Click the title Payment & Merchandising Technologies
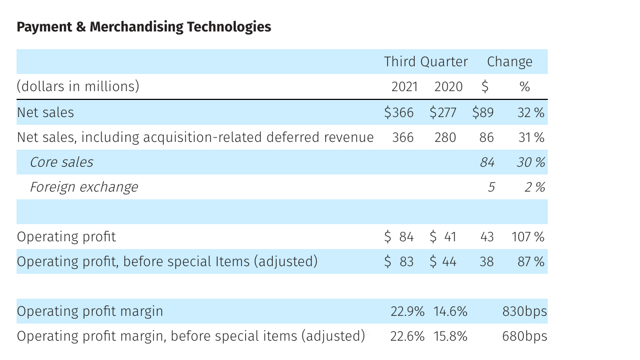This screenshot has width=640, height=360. pyautogui.click(x=144, y=27)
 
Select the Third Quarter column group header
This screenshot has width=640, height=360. pyautogui.click(x=426, y=62)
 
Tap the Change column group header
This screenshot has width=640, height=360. pyautogui.click(x=509, y=62)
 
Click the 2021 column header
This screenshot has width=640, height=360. pyautogui.click(x=404, y=87)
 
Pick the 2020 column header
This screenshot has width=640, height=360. pyautogui.click(x=448, y=87)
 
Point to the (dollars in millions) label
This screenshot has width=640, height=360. pyautogui.click(x=78, y=87)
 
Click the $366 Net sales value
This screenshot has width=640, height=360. pyautogui.click(x=399, y=113)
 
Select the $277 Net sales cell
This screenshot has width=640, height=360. pyautogui.click(x=443, y=113)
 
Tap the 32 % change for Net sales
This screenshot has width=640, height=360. pyautogui.click(x=530, y=113)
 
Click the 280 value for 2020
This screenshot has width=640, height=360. pyautogui.click(x=445, y=137)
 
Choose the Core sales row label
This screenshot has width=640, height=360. pyautogui.click(x=61, y=162)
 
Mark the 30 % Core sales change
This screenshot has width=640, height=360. pyautogui.click(x=530, y=162)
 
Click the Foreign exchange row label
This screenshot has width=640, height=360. pyautogui.click(x=83, y=187)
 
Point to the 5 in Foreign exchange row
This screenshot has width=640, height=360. pyautogui.click(x=490, y=187)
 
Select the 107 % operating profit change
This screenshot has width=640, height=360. pyautogui.click(x=527, y=237)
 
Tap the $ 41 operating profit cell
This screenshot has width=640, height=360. pyautogui.click(x=443, y=237)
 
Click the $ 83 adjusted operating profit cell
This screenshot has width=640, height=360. pyautogui.click(x=399, y=262)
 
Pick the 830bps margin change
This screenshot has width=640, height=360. pyautogui.click(x=524, y=311)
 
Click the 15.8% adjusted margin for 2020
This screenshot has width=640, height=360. pyautogui.click(x=450, y=336)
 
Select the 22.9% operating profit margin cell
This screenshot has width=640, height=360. pyautogui.click(x=407, y=311)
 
